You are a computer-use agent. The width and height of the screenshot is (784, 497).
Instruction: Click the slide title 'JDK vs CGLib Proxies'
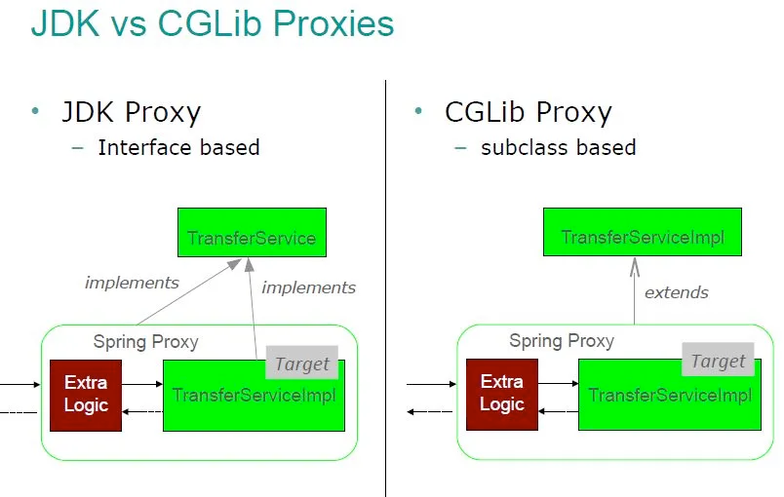coord(213,23)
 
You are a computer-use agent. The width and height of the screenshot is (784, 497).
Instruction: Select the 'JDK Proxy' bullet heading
coord(131,112)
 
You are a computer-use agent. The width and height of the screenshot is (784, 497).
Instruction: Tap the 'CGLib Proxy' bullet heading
coord(528,112)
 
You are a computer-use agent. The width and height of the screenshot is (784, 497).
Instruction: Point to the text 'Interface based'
coord(178,147)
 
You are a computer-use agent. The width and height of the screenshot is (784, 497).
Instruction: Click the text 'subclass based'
coord(558,147)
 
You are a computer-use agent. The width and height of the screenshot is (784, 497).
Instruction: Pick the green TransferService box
coord(252,232)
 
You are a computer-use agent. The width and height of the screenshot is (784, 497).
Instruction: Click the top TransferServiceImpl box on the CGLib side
coord(643,232)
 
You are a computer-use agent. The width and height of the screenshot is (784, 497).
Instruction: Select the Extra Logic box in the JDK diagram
coord(86,395)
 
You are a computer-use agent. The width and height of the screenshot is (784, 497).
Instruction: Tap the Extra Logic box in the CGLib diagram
coord(502,394)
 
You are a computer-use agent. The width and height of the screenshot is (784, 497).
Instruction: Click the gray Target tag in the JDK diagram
coord(302,363)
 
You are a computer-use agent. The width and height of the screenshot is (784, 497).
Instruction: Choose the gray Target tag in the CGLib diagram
coord(718,360)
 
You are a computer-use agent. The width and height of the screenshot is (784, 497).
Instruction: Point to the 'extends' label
coord(677,292)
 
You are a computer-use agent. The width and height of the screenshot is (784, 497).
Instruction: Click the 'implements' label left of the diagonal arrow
coord(132,283)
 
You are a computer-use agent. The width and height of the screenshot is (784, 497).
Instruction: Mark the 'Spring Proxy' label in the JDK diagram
coord(145,342)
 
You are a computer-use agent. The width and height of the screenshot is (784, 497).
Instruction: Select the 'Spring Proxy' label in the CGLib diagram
coord(562,341)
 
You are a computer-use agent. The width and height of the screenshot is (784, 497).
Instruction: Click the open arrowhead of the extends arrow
coord(635,267)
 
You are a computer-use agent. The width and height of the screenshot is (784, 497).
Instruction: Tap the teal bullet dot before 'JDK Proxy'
coord(35,111)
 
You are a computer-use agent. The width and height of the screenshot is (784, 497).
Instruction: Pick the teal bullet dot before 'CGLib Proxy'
coord(418,111)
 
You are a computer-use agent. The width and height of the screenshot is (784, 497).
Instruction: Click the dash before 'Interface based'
coord(77,148)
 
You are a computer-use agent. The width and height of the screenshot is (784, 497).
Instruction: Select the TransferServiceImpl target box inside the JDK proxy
coord(254,396)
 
